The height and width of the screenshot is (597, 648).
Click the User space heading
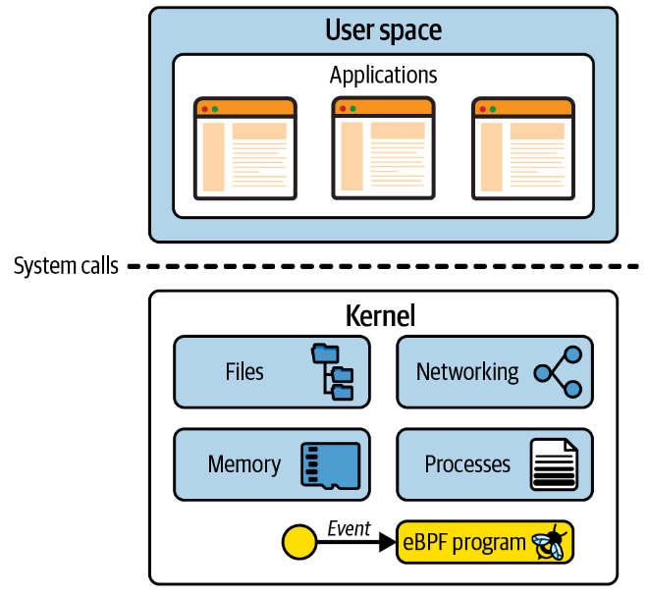[x=383, y=30]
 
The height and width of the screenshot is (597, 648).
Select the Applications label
[x=383, y=76]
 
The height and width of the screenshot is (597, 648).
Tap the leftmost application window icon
[x=244, y=149]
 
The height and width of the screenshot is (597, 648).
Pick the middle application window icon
[x=383, y=149]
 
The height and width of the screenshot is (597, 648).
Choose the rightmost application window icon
[x=522, y=149]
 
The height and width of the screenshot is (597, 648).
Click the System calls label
[x=66, y=266]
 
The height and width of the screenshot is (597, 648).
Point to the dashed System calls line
[x=383, y=266]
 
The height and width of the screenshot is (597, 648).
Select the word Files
[x=243, y=372]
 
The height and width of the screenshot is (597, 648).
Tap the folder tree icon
[x=333, y=372]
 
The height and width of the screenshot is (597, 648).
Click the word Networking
[x=467, y=372]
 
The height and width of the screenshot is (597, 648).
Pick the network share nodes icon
[x=558, y=372]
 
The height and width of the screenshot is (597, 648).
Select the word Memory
[x=243, y=464]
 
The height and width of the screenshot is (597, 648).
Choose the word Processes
[x=467, y=464]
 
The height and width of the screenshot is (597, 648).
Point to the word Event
[x=349, y=529]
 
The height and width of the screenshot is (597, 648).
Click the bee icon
[x=548, y=542]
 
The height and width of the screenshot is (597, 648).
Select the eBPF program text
[x=464, y=542]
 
